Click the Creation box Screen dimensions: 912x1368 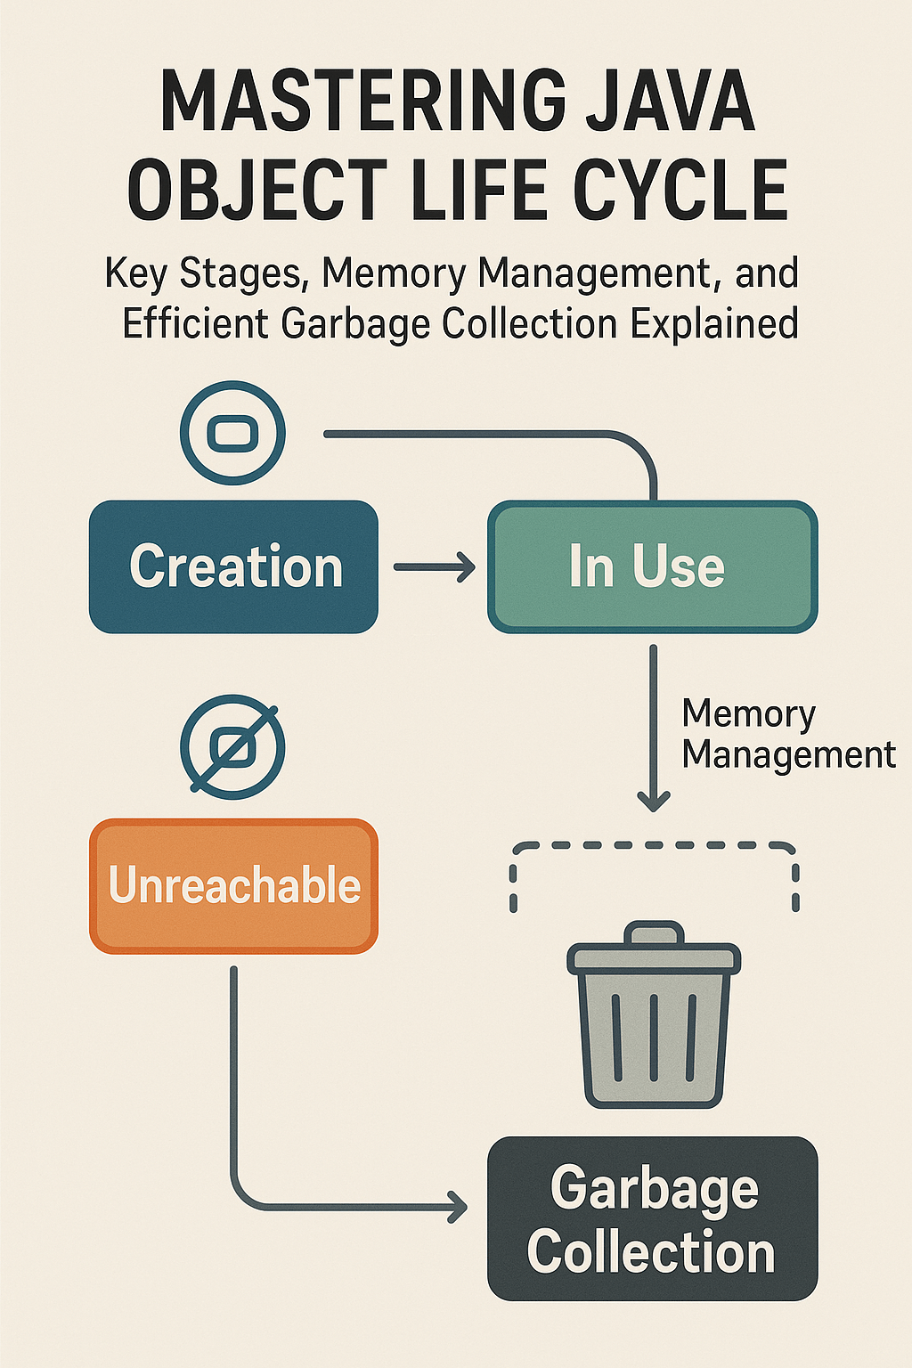pos(233,566)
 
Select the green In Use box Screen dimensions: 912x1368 pos(652,566)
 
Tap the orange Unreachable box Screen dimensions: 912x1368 pos(233,885)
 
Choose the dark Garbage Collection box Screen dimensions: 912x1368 pos(652,1218)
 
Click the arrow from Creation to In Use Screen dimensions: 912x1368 pos(435,566)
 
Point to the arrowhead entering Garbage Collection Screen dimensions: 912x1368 pos(458,1208)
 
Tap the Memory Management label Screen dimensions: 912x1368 pos(787,734)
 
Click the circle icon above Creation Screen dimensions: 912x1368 pos(232,433)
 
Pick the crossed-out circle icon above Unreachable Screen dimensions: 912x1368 pos(232,746)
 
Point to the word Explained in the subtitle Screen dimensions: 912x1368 pos(714,323)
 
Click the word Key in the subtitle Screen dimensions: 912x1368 pos(135,273)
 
